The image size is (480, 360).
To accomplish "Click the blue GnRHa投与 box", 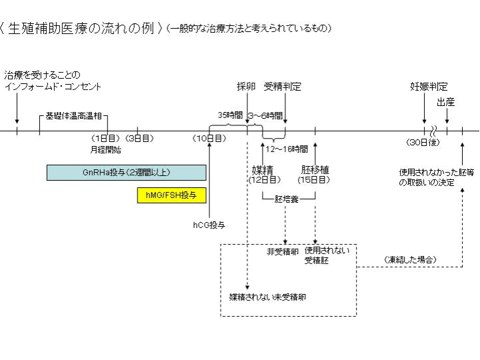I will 126,172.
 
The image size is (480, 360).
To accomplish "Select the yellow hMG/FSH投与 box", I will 171,195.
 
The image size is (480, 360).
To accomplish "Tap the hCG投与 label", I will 209,225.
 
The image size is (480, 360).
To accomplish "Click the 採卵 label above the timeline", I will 246,87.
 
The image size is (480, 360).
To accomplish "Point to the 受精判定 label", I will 283,87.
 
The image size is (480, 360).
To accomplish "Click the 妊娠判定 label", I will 429,87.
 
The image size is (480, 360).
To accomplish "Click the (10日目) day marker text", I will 209,139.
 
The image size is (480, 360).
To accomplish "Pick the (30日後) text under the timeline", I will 425,143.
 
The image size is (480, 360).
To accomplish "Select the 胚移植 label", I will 315,170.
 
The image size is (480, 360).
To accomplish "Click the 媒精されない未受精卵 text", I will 268,295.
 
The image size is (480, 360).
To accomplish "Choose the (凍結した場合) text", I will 411,259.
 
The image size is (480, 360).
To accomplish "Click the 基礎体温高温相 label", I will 73,116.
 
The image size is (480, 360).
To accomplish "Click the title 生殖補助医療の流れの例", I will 85,29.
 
